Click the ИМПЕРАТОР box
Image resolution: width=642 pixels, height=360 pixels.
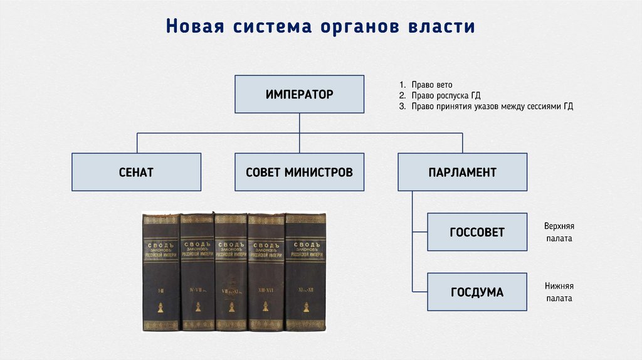click(299, 95)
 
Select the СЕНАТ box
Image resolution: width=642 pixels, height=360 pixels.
click(136, 172)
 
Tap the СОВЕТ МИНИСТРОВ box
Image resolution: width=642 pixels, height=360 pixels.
click(299, 172)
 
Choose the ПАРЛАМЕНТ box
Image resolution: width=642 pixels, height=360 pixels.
click(462, 172)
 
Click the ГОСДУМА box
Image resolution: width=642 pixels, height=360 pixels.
click(476, 292)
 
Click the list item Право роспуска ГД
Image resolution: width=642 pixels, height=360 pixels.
click(443, 95)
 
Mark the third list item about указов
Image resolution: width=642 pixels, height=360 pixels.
click(486, 107)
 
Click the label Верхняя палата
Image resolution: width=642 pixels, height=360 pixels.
click(559, 233)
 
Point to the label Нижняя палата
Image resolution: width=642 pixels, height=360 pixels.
click(558, 292)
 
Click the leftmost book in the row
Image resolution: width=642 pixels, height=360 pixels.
click(161, 273)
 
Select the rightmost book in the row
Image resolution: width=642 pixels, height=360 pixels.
click(306, 273)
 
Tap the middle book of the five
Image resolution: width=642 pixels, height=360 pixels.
click(231, 273)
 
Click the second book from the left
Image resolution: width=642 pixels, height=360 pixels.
click(197, 273)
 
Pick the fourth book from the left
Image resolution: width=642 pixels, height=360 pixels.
click(266, 273)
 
